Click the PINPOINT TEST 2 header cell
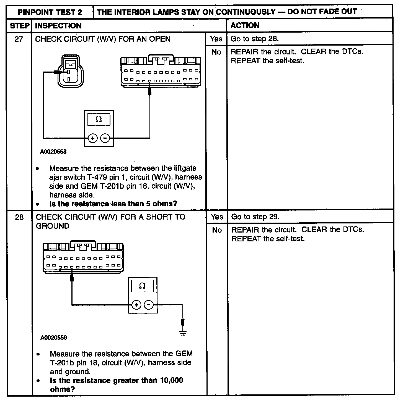[x=50, y=12]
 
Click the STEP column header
[x=19, y=26]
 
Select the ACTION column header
[x=245, y=25]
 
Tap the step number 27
[x=19, y=39]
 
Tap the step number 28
[x=19, y=217]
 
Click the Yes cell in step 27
[x=216, y=39]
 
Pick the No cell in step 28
[x=217, y=230]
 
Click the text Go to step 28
[x=254, y=39]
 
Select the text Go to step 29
[x=255, y=217]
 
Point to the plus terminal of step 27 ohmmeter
[x=93, y=138]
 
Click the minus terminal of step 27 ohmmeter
[x=105, y=138]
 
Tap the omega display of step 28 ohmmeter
[x=142, y=286]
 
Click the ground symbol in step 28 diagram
[x=183, y=333]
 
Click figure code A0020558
[x=53, y=152]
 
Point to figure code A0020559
[x=54, y=338]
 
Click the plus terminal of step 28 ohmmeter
[x=136, y=305]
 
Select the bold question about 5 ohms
[x=113, y=204]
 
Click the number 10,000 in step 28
[x=172, y=380]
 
